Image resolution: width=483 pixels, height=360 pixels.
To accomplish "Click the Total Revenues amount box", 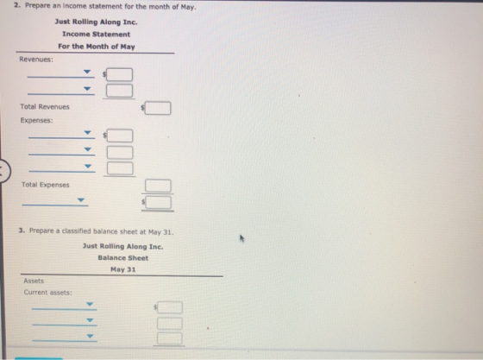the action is pyautogui.click(x=158, y=108).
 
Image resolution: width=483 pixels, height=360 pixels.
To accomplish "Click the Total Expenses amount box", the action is pyautogui.click(x=158, y=186).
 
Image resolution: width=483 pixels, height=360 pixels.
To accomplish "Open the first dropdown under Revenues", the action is pyautogui.click(x=60, y=73).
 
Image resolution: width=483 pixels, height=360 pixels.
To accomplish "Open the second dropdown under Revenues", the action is pyautogui.click(x=61, y=90).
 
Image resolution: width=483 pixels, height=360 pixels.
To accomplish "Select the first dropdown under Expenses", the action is pyautogui.click(x=61, y=134).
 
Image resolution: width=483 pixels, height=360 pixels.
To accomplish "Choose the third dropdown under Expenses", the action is pyautogui.click(x=62, y=167).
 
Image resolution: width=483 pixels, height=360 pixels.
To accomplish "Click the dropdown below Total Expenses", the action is pyautogui.click(x=55, y=201).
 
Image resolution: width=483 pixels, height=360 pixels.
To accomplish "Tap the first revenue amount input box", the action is pyautogui.click(x=119, y=74).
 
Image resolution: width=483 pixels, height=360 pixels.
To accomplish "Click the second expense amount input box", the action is pyautogui.click(x=120, y=153).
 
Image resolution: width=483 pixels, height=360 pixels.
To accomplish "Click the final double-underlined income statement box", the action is pyautogui.click(x=159, y=203).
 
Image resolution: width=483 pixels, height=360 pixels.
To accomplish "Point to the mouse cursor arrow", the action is pyautogui.click(x=241, y=238).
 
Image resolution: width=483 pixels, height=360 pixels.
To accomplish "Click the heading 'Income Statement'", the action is pyautogui.click(x=96, y=35).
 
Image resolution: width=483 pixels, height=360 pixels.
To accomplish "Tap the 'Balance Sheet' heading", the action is pyautogui.click(x=122, y=258).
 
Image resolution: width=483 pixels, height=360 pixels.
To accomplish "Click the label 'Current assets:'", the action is pyautogui.click(x=47, y=293).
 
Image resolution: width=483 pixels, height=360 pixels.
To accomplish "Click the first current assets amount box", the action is pyautogui.click(x=170, y=307).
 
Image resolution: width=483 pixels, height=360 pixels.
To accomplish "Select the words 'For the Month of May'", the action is pyautogui.click(x=97, y=47).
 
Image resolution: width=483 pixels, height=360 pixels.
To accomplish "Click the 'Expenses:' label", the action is pyautogui.click(x=36, y=120).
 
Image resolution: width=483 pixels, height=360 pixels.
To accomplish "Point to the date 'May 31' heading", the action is pyautogui.click(x=122, y=269).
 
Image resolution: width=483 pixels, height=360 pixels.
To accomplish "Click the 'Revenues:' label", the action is pyautogui.click(x=36, y=60).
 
